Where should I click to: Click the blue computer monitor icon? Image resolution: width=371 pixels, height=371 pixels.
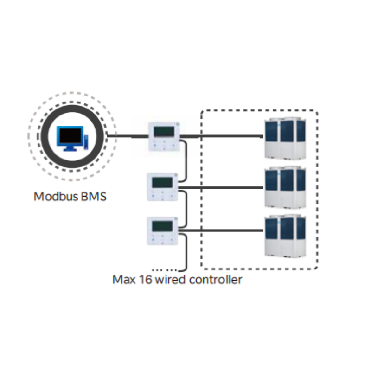point(70,138)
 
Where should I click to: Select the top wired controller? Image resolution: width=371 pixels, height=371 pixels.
point(164,136)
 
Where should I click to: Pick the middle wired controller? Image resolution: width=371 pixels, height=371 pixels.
point(162,187)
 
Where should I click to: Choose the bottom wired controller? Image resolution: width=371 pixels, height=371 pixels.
point(162,231)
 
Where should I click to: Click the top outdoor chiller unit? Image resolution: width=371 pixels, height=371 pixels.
point(285,138)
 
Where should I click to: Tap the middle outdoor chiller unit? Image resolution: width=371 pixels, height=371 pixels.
point(285,187)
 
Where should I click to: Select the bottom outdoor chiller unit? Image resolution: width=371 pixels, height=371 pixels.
point(285,236)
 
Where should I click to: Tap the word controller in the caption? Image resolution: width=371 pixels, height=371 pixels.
point(216,280)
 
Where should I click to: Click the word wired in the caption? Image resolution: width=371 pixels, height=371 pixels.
point(170,280)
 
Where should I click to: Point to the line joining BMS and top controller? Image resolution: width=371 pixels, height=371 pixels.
point(128,136)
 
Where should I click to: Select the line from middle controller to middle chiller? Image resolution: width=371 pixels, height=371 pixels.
point(221,188)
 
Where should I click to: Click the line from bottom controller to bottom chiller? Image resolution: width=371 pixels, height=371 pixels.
point(221,230)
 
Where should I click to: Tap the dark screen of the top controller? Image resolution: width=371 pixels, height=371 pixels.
point(164,132)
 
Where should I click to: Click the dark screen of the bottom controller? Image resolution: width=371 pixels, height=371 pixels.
point(162,226)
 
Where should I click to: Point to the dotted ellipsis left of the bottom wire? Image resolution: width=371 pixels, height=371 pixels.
point(165,270)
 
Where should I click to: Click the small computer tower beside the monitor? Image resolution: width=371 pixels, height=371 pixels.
point(86,142)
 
